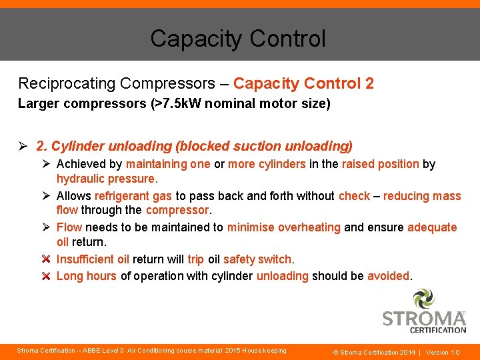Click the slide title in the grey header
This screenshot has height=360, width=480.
(x=238, y=39)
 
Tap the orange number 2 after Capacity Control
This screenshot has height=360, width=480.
(x=369, y=83)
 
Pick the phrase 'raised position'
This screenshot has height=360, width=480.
(x=380, y=164)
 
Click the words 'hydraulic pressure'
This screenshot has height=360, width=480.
(x=106, y=179)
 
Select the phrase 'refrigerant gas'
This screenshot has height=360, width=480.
(x=134, y=196)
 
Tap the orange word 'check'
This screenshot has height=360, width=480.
(x=354, y=196)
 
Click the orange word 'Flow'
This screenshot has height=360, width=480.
(x=69, y=227)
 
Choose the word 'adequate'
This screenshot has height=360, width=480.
(x=432, y=227)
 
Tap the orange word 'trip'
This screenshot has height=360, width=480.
(x=195, y=259)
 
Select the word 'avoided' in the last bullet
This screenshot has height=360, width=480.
(x=388, y=276)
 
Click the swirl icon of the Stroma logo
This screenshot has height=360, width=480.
(x=423, y=298)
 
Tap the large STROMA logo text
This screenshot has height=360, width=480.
(x=424, y=318)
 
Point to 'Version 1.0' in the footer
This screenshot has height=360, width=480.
(x=443, y=352)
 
